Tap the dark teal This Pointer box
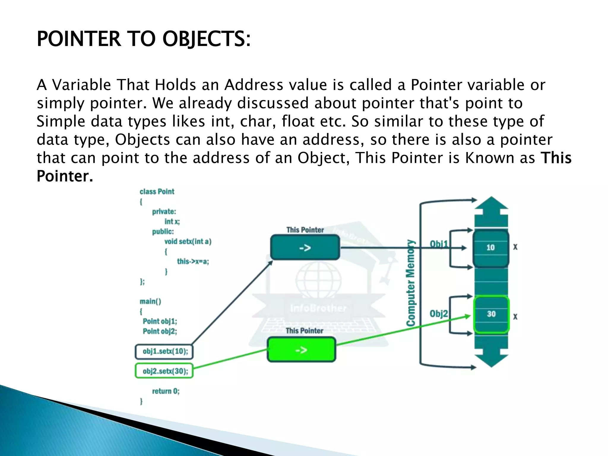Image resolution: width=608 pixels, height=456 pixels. (305, 247)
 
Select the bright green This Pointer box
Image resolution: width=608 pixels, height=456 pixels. (301, 350)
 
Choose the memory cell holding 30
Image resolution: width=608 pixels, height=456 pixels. (491, 314)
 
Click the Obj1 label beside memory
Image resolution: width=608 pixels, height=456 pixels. (439, 244)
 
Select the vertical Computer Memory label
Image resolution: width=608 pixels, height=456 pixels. (411, 283)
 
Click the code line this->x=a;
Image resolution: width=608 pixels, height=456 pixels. (193, 262)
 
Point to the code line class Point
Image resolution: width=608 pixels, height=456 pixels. (157, 191)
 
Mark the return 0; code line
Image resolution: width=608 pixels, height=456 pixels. (166, 391)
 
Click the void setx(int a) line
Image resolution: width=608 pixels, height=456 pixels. (188, 241)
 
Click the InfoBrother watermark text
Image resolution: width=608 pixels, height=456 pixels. (318, 308)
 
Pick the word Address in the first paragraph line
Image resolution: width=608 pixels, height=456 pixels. (254, 85)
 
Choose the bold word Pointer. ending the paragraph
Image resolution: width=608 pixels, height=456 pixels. (65, 176)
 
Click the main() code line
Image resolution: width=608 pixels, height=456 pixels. (151, 301)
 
